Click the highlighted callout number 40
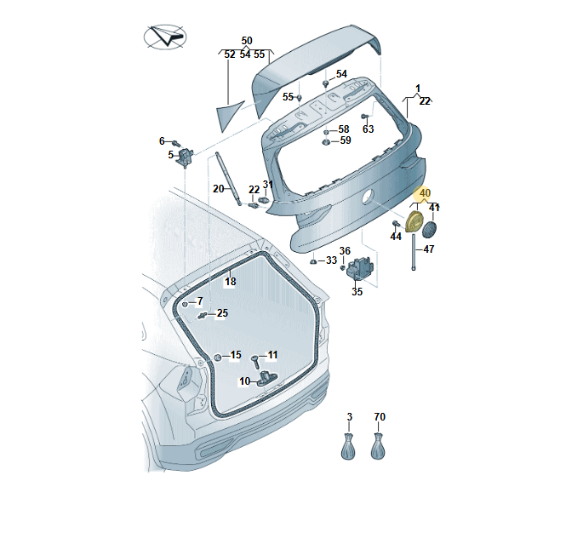[x=426, y=193]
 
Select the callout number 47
[x=429, y=249]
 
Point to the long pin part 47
[x=414, y=253]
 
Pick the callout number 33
[x=331, y=260]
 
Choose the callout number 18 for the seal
[x=230, y=281]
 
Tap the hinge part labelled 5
[x=186, y=155]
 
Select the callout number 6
[x=162, y=141]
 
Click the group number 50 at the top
[x=247, y=41]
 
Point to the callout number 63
[x=368, y=129]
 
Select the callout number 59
[x=345, y=140]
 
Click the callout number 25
[x=222, y=313]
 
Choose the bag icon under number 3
[x=349, y=446]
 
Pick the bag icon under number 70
[x=380, y=446]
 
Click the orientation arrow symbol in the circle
[x=164, y=37]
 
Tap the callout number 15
[x=236, y=355]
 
